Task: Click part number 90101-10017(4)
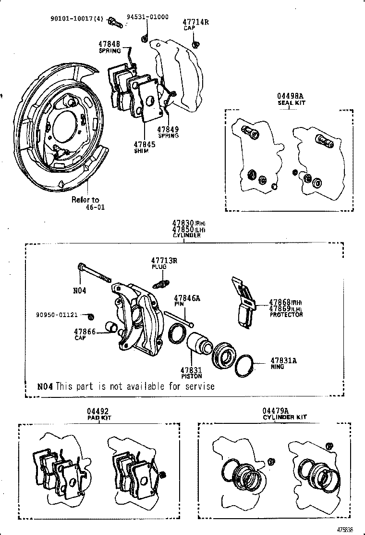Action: pos(76,19)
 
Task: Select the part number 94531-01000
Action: pos(147,17)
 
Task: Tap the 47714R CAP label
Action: pos(195,25)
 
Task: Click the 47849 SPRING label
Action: pos(168,132)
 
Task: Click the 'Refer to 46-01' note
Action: pos(85,204)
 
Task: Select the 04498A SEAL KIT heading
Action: pos(291,99)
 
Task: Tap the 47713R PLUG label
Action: pos(164,263)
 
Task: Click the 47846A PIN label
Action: pos(187,301)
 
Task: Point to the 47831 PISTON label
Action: pos(191,373)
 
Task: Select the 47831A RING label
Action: pos(283,363)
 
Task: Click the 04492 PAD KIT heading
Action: pos(98,414)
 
